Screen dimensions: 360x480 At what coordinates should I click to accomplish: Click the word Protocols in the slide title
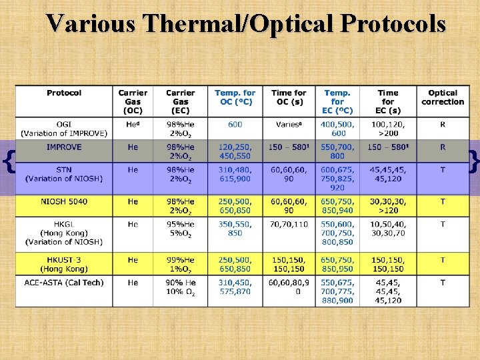(393, 24)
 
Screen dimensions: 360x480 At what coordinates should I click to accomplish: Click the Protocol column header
(64, 93)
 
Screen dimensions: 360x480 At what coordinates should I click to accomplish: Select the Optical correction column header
(443, 97)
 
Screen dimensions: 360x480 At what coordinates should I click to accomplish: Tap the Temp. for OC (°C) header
(235, 97)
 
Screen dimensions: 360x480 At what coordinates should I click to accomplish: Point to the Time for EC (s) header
(388, 101)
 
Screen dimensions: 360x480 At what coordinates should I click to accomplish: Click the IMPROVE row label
(64, 147)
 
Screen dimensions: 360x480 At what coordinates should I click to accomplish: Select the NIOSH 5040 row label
(64, 201)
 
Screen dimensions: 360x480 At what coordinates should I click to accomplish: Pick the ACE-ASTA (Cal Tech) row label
(64, 283)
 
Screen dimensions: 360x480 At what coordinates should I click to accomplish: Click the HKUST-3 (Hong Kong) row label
(64, 264)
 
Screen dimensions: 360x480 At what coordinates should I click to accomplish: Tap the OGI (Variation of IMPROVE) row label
(64, 129)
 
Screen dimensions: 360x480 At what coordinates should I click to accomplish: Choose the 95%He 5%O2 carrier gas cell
(180, 229)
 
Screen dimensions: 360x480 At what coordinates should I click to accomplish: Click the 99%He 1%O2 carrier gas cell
(180, 264)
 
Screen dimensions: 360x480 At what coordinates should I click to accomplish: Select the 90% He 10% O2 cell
(180, 287)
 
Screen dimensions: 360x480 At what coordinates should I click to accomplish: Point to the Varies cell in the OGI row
(289, 125)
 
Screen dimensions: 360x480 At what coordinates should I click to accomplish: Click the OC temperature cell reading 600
(235, 125)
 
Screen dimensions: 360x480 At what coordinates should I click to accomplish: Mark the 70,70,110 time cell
(289, 225)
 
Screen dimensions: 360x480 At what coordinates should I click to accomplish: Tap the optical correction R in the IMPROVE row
(443, 147)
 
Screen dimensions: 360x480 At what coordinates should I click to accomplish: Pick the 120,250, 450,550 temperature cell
(235, 151)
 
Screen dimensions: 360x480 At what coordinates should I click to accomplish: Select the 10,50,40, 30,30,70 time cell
(388, 229)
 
